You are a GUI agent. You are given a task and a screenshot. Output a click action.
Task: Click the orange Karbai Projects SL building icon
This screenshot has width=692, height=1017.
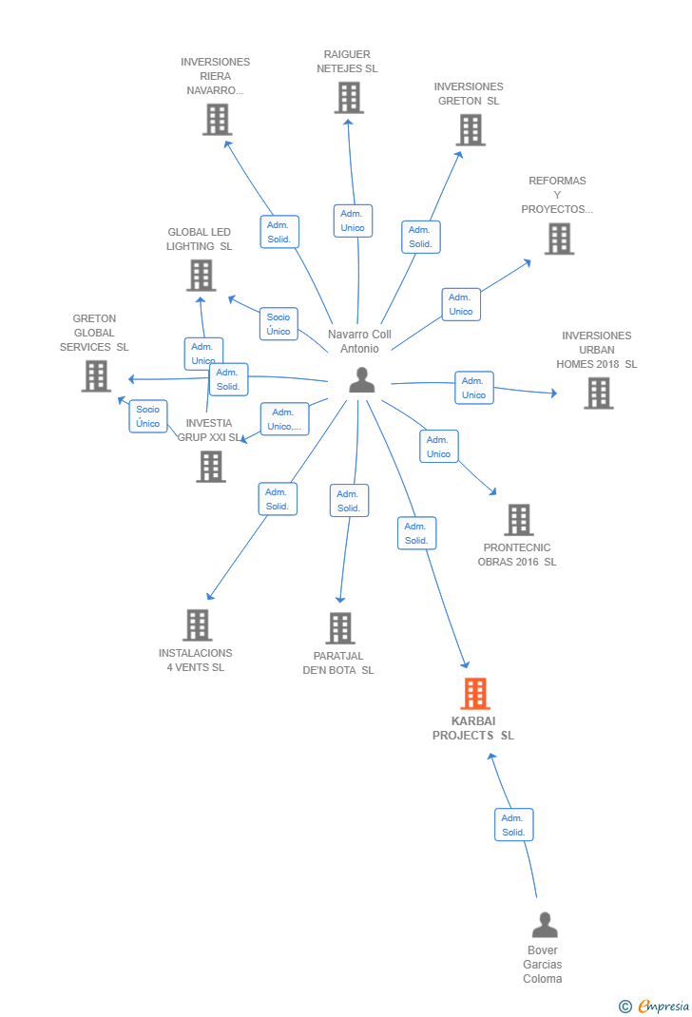[475, 694]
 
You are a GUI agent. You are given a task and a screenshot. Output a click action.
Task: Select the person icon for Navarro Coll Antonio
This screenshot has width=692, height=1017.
[362, 380]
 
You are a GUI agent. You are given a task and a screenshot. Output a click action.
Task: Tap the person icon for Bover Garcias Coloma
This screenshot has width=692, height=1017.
[545, 925]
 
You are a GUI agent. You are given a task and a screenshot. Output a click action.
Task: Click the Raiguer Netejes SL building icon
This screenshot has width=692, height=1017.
[349, 98]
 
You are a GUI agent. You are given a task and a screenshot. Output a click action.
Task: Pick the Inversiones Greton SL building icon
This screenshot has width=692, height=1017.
[471, 130]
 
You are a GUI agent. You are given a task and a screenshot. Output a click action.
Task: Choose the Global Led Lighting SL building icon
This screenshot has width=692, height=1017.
[201, 276]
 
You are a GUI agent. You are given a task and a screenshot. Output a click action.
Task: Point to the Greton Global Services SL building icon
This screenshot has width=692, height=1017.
[96, 376]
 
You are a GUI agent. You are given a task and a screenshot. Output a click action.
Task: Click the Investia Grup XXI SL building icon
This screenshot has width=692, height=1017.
[211, 467]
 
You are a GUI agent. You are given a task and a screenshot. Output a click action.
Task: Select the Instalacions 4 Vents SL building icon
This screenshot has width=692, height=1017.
[198, 625]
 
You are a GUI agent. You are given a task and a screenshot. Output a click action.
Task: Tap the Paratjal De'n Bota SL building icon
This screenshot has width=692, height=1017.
[340, 628]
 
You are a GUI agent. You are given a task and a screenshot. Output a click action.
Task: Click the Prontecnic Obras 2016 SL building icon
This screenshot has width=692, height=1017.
[519, 520]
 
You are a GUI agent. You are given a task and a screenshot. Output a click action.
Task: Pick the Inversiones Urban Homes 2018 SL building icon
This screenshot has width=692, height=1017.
[598, 393]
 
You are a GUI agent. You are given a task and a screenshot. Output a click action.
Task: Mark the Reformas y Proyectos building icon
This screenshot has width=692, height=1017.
[559, 240]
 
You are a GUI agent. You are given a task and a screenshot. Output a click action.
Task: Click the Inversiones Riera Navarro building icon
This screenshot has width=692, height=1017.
[218, 120]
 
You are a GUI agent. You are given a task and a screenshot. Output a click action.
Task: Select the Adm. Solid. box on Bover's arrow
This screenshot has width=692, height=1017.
[513, 825]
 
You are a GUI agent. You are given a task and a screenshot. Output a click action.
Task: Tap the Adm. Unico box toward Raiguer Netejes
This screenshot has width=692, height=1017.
[353, 221]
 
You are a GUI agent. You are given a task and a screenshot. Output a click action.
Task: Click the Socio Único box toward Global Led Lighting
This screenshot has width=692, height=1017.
[279, 324]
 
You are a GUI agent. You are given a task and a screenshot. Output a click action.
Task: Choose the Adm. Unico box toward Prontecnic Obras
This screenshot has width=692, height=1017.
[439, 447]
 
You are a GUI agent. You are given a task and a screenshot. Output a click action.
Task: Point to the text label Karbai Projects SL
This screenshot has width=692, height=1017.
[473, 728]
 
